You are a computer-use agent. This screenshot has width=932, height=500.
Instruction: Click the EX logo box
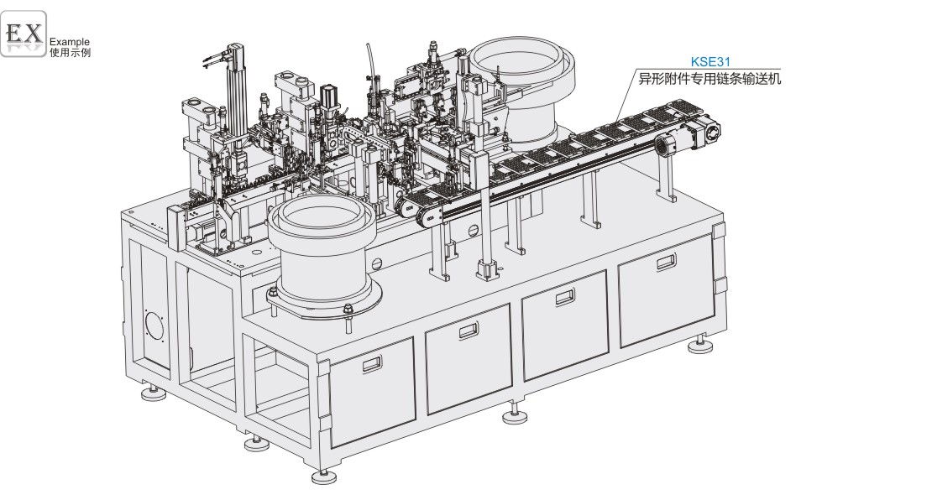[24, 34]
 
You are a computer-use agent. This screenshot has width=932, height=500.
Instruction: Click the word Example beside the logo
[70, 42]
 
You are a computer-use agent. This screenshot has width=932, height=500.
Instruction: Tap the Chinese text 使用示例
[71, 52]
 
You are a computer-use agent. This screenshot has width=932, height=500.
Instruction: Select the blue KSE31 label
[710, 61]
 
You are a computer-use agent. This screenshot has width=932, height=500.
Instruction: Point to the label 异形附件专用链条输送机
[709, 78]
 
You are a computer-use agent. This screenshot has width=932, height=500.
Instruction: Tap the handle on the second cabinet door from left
[469, 331]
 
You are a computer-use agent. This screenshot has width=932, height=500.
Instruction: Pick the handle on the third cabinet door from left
[565, 296]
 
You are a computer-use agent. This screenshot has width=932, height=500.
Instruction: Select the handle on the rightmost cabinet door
[667, 262]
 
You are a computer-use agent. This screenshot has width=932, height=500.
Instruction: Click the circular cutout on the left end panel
[155, 324]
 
